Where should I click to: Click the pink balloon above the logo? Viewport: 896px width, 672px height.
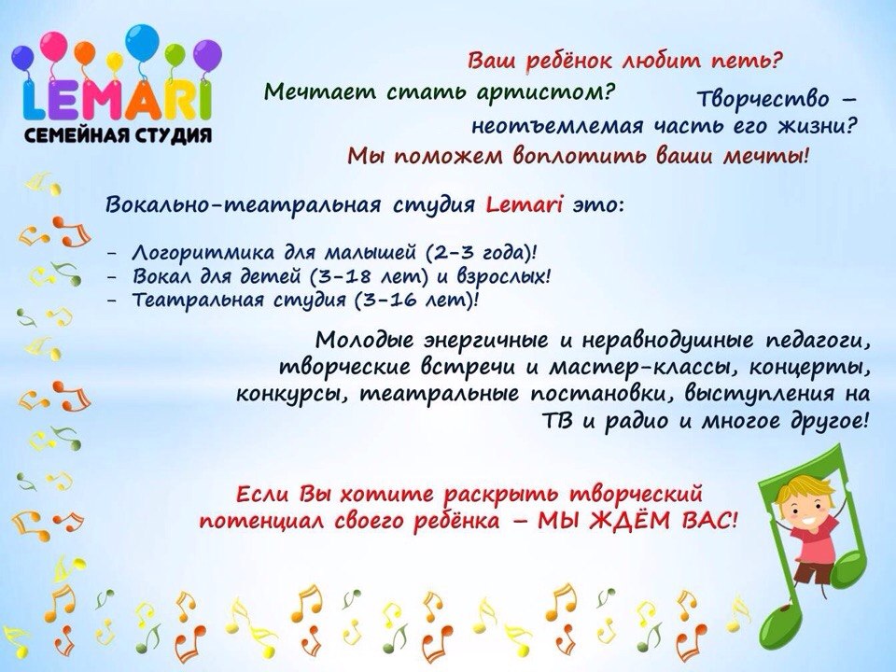click(x=54, y=46)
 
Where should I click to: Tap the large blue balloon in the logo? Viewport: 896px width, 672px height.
click(x=142, y=42)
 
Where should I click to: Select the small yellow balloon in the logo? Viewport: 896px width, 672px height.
click(x=115, y=61)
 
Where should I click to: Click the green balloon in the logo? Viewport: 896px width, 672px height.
click(x=175, y=55)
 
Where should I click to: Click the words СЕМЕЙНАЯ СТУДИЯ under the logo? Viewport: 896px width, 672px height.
click(x=119, y=135)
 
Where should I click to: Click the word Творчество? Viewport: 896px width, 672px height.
click(x=763, y=99)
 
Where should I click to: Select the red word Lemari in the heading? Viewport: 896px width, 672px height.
click(x=525, y=204)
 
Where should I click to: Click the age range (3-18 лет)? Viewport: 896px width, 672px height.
click(x=369, y=276)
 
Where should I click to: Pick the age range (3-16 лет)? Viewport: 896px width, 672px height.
click(x=413, y=300)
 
